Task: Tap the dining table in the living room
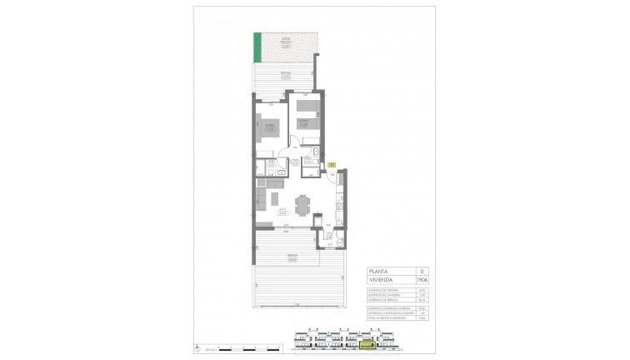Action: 304,203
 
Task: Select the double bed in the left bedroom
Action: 268,130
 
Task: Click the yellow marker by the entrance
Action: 331,165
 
